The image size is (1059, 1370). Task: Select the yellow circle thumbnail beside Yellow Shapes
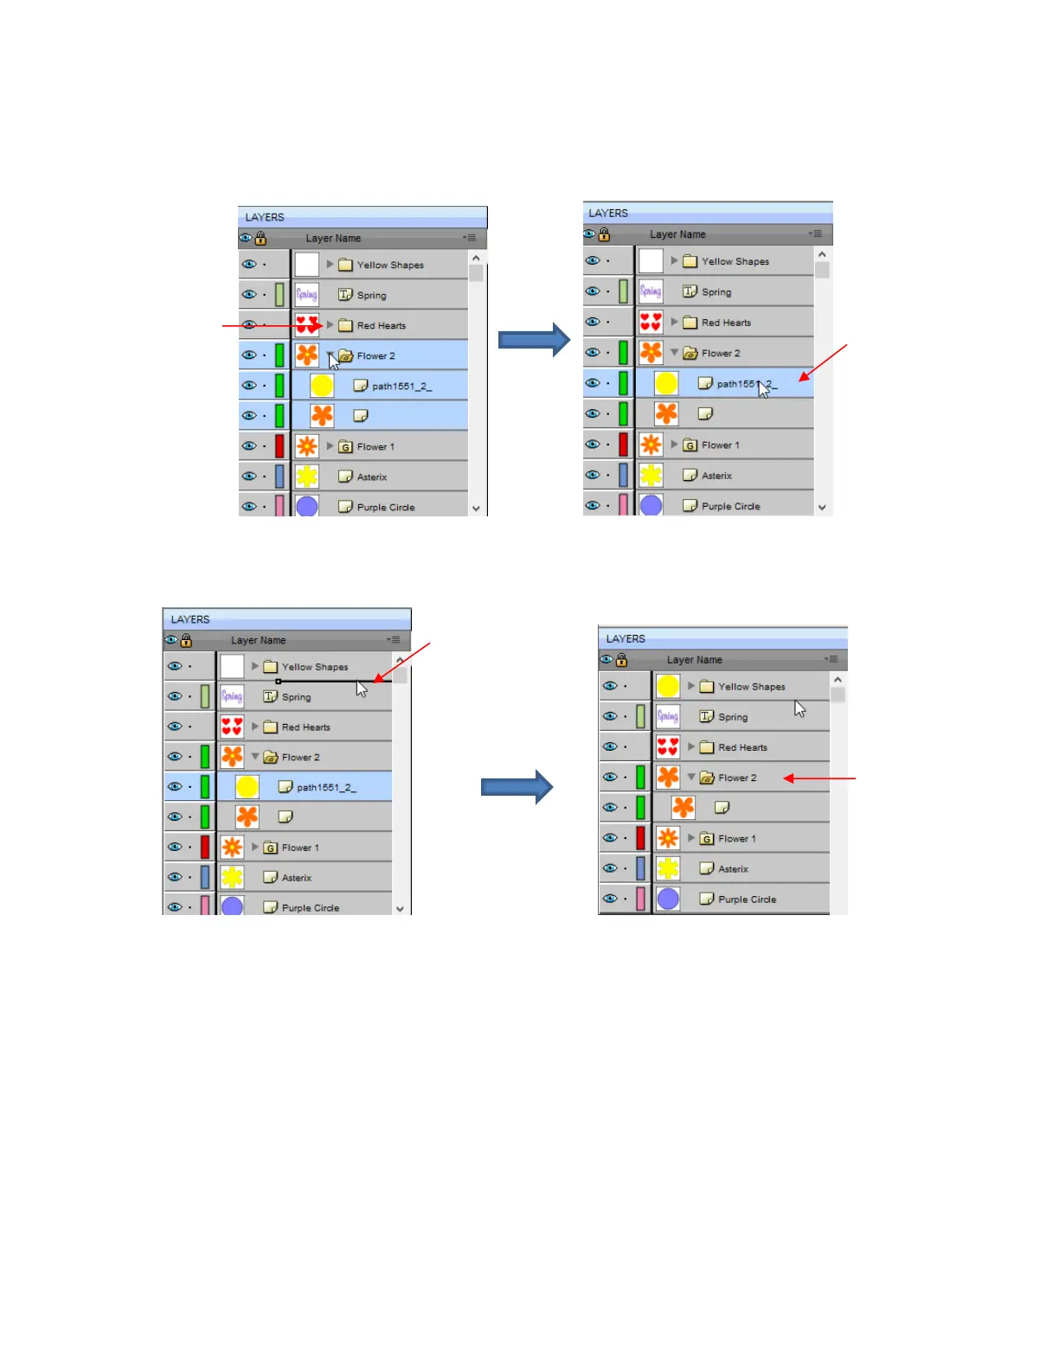[668, 687]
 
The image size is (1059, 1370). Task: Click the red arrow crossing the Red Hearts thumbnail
[273, 326]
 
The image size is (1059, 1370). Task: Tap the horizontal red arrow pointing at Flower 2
[818, 778]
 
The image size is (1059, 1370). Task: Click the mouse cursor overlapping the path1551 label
[763, 388]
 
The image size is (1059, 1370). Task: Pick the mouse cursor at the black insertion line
[362, 688]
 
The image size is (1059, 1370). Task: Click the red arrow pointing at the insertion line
[401, 663]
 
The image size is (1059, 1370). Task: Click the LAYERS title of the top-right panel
[608, 213]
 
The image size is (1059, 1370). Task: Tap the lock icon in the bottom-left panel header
[186, 641]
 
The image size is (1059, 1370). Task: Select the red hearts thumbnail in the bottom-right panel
[668, 747]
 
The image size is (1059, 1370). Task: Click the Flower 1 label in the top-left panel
[375, 447]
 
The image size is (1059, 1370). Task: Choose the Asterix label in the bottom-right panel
[733, 869]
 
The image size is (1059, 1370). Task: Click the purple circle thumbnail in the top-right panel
[651, 505]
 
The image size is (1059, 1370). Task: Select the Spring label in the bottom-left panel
[296, 697]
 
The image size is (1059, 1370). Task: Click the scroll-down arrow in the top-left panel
[476, 509]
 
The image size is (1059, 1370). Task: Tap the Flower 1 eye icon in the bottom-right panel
[610, 838]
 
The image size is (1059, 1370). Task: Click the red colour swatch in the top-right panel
[623, 445]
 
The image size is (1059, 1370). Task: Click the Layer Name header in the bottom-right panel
[694, 660]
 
